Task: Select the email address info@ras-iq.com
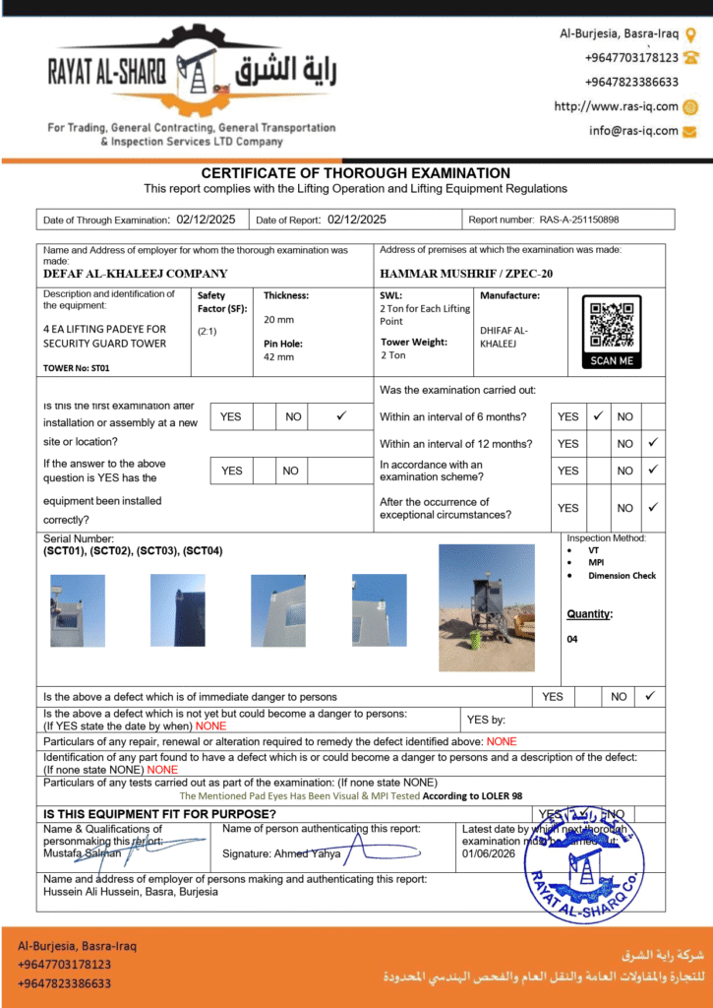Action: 633,131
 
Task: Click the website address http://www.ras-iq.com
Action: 616,106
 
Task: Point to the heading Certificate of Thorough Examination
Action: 356,173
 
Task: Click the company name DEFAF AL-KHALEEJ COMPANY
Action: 136,274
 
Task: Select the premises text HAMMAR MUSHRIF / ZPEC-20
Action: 466,274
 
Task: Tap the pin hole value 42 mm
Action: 278,356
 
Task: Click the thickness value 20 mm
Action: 278,320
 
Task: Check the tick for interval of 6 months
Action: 598,416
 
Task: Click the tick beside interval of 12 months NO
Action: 651,443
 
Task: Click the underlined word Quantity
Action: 588,614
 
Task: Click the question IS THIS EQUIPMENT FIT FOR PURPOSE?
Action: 159,814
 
